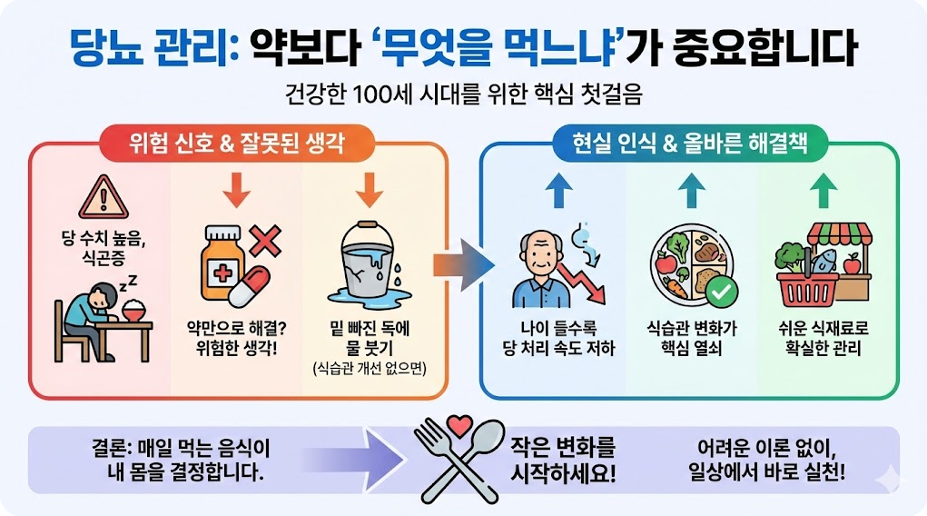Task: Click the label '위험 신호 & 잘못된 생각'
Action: (237, 143)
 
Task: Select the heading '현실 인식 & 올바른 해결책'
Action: (689, 143)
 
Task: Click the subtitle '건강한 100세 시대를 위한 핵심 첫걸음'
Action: (463, 94)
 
